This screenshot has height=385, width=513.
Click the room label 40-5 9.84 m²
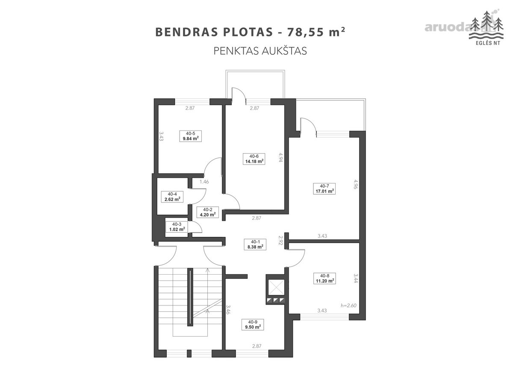tap(190, 136)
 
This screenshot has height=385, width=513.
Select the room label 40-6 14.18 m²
tap(254, 159)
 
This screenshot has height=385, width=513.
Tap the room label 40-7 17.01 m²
tap(324, 189)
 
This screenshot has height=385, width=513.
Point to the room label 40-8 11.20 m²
tap(324, 278)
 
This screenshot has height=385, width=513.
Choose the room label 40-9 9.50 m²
tap(253, 325)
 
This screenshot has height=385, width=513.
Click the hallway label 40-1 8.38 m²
tap(255, 244)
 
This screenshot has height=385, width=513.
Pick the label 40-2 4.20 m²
tap(207, 212)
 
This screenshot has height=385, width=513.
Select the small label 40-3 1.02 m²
tap(177, 227)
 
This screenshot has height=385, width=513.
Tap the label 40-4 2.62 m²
tap(172, 197)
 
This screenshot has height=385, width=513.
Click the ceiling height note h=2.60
tap(348, 305)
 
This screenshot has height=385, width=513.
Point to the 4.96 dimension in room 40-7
tap(356, 184)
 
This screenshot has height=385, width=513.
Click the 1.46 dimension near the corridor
tap(204, 182)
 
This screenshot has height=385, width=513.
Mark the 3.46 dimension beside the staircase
tap(228, 309)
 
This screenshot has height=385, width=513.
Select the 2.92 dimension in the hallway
tap(281, 240)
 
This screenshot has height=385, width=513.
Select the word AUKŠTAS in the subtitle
tap(284, 51)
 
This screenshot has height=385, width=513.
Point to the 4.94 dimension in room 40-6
tap(281, 157)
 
